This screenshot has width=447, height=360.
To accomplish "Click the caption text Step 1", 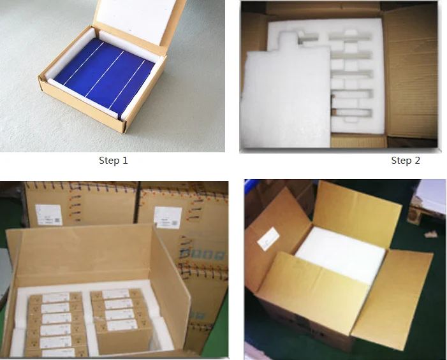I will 114,161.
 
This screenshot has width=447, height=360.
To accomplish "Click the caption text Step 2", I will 406,161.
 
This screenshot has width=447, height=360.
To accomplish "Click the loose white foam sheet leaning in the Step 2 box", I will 284,99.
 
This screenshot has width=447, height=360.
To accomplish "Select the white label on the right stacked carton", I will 168,215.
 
